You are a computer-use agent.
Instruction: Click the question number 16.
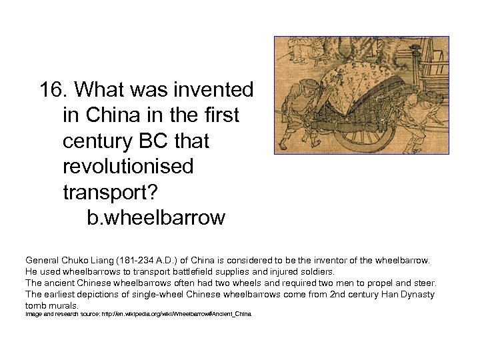pos(54,89)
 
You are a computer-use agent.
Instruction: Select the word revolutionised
pos(127,167)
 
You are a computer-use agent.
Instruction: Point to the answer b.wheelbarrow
pos(156,218)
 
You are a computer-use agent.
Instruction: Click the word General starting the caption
pos(42,260)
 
